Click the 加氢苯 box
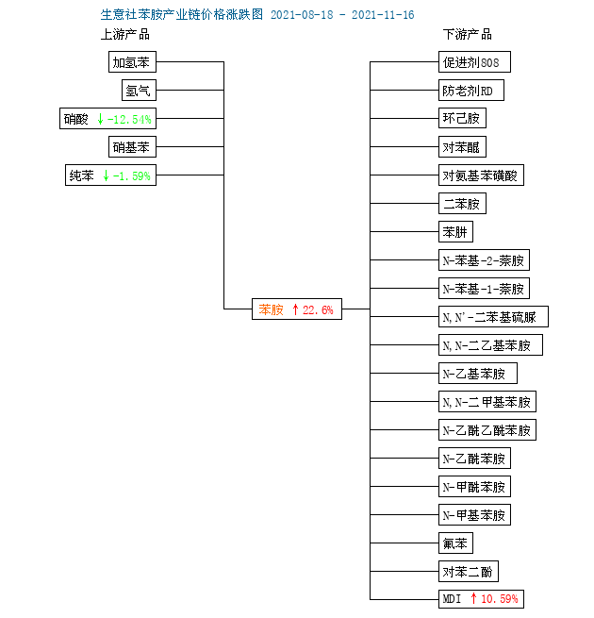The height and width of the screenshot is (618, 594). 132,62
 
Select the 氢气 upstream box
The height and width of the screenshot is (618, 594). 139,91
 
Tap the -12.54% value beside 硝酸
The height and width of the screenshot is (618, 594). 129,119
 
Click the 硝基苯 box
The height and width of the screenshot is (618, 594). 132,147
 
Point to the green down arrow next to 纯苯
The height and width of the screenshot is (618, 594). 106,175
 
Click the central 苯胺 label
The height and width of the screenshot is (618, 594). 271,309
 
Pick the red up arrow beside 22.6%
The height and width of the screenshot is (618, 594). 295,309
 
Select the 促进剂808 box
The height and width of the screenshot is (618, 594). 474,62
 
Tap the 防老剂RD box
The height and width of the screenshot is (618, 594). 471,91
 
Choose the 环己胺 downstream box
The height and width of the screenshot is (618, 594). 462,118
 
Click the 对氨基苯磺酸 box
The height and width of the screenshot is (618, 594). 482,175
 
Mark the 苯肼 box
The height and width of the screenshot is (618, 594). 455,232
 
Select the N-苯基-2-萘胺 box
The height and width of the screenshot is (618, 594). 484,260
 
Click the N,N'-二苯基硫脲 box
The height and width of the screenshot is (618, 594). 493,317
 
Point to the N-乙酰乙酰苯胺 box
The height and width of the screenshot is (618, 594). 487,430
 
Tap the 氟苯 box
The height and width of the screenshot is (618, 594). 455,543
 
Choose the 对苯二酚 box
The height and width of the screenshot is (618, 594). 469,572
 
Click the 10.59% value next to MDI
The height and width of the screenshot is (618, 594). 500,599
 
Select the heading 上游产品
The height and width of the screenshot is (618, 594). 125,35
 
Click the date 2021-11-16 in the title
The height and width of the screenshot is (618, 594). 383,15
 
